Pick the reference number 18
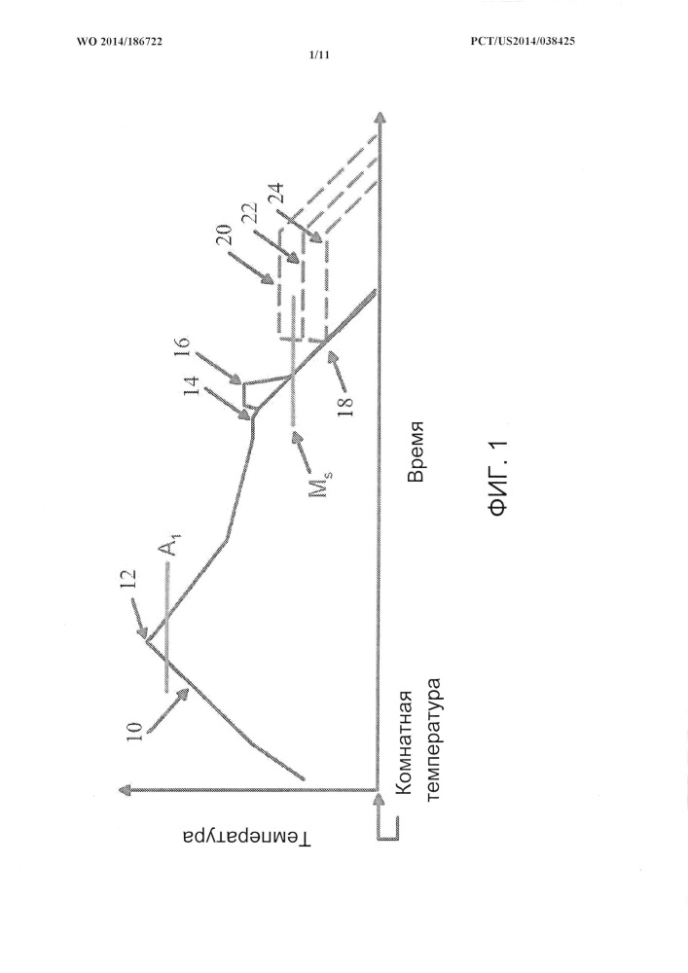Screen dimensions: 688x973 coord(346,405)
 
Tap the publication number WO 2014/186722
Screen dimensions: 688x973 coord(120,42)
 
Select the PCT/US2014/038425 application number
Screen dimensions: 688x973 coord(524,42)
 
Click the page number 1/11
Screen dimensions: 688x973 coord(319,54)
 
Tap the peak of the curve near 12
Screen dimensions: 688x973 coord(148,641)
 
